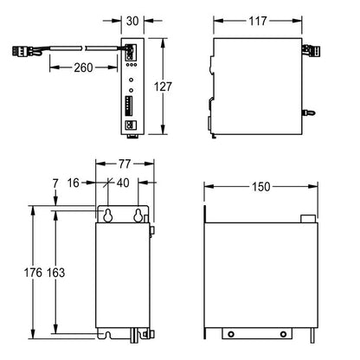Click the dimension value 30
132,21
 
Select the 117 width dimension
258,21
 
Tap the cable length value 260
83,67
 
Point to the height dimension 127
163,87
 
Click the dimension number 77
125,164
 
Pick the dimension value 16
74,183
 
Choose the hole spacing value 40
123,183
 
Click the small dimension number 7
55,183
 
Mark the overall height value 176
33,273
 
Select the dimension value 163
55,273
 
